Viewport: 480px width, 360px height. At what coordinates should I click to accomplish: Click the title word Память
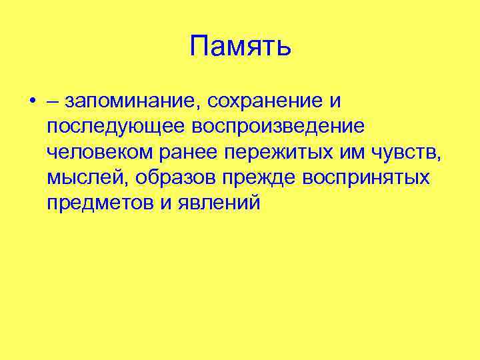coord(240,47)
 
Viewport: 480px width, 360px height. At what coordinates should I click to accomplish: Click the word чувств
coord(405,153)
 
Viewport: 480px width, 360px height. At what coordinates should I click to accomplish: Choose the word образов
coord(167,178)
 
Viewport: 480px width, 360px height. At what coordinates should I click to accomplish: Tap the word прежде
coord(260,178)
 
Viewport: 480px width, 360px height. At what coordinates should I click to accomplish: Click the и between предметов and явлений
coord(165,203)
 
